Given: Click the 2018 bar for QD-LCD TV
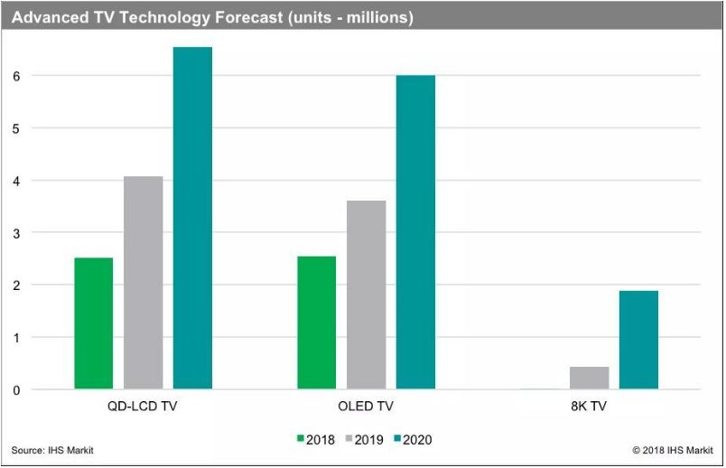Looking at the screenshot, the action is [x=94, y=323].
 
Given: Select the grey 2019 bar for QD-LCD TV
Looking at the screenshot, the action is [x=143, y=282].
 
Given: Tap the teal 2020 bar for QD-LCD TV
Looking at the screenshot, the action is [x=192, y=218].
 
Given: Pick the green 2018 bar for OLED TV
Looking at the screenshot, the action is [x=317, y=323].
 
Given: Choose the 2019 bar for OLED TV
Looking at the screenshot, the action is [x=367, y=295].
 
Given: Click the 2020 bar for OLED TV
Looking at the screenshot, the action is [x=415, y=231].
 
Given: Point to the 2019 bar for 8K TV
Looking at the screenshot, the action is [x=590, y=378].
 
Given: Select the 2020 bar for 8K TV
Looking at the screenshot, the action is [x=638, y=340].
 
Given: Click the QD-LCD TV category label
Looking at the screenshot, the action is [x=142, y=407].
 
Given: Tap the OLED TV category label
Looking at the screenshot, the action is [x=366, y=407].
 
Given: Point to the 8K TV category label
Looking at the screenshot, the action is [x=589, y=407].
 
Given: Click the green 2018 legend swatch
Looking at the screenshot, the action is [x=301, y=438].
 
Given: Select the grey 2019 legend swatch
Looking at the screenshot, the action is [x=349, y=438].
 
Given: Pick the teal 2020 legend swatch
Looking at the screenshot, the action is [x=397, y=438].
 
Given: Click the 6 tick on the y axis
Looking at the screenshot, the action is [x=16, y=77].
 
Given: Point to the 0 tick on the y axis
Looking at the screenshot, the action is [x=16, y=390].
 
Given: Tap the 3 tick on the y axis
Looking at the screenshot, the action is [x=16, y=233].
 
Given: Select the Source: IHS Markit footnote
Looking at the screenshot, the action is [x=52, y=451].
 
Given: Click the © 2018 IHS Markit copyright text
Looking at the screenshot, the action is [x=673, y=451].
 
